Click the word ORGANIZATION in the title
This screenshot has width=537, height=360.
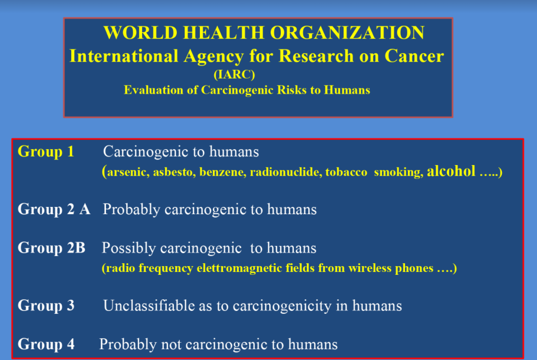(x=347, y=33)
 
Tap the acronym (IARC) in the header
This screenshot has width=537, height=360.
(x=234, y=74)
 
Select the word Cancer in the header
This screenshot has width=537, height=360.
(x=414, y=56)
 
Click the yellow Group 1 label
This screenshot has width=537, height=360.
(x=46, y=152)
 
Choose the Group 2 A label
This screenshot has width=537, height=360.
(x=54, y=209)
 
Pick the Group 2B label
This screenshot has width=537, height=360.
(x=52, y=247)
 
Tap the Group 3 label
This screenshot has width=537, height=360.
(x=46, y=305)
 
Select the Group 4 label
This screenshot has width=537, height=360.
(x=46, y=344)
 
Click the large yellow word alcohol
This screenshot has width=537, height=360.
(x=451, y=171)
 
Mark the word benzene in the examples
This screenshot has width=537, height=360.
(x=223, y=172)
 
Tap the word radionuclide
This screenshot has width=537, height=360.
(x=286, y=172)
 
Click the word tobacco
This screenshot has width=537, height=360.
(x=346, y=172)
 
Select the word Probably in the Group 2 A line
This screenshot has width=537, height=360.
(x=131, y=209)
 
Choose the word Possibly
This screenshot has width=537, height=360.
(x=129, y=248)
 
